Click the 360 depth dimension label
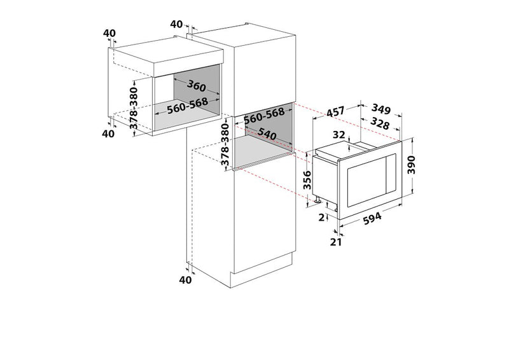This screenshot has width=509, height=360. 197,86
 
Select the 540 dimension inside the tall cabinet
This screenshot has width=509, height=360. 267,134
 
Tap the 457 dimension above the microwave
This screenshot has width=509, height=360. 335,112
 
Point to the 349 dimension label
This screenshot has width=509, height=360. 380,109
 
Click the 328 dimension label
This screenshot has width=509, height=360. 380,123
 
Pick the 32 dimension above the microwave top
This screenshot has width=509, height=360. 338,135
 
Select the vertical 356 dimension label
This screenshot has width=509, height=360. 307,180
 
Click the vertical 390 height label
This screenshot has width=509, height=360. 411,165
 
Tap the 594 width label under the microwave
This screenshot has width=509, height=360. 372,218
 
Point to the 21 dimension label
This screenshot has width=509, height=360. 336,242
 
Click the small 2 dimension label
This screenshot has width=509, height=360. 321,218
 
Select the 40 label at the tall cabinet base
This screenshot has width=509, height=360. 185,280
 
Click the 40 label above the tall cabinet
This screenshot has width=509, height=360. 176,24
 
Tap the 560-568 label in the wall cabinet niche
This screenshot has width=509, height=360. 188,106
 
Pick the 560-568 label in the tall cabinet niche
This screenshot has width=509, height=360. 264,116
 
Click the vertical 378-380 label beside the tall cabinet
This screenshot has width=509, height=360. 225,144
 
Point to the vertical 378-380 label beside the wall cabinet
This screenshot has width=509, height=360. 134,108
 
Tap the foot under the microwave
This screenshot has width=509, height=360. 317,200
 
